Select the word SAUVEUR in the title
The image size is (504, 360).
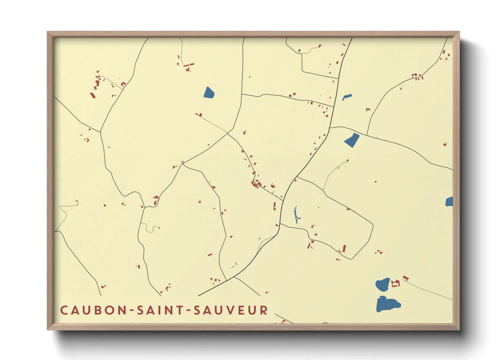pyautogui.click(x=231, y=310)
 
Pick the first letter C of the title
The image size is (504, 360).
pyautogui.click(x=64, y=310)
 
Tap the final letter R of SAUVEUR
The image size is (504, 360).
pyautogui.click(x=264, y=310)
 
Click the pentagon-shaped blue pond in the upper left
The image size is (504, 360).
pyautogui.click(x=209, y=93)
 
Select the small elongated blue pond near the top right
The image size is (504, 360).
pyautogui.click(x=347, y=97)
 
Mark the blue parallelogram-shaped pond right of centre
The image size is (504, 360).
pyautogui.click(x=352, y=140)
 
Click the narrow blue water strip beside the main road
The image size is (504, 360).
pyautogui.click(x=296, y=215)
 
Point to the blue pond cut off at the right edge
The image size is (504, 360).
pyautogui.click(x=449, y=202)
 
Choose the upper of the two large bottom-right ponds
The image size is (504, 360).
pyautogui.click(x=383, y=284)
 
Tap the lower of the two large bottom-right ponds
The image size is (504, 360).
pyautogui.click(x=387, y=304)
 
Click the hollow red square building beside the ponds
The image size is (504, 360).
pyautogui.click(x=395, y=283)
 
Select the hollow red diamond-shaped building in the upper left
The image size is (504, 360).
pyautogui.click(x=123, y=84)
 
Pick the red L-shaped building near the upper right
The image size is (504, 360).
pyautogui.click(x=368, y=110)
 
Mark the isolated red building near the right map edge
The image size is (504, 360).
pyautogui.click(x=445, y=144)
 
